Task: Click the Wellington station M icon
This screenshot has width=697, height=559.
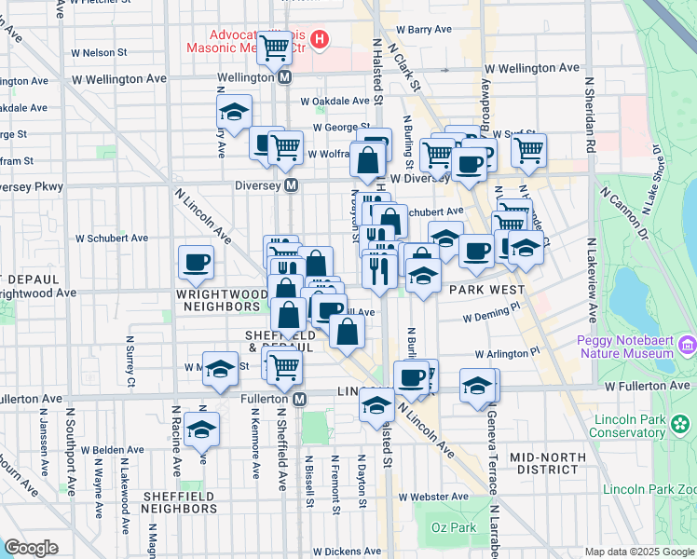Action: [x=284, y=77]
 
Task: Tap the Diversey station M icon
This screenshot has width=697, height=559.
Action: [x=292, y=185]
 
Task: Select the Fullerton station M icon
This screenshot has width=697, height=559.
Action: [x=300, y=399]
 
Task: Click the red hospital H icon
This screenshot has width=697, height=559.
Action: [x=320, y=39]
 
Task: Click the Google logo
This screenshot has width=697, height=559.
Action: [x=31, y=548]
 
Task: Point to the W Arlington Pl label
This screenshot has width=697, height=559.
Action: [x=506, y=354]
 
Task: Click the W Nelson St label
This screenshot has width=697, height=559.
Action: [x=104, y=53]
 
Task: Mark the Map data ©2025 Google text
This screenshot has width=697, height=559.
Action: [x=639, y=552]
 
